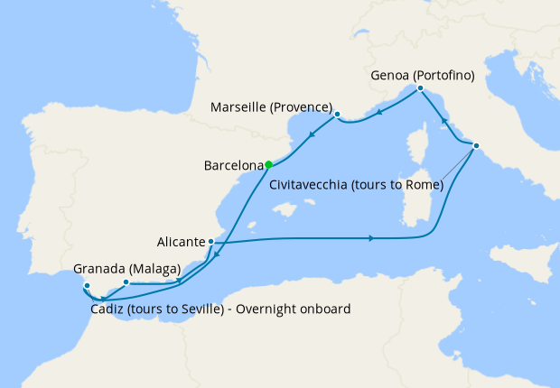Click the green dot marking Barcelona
(268, 165)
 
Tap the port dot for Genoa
(420, 88)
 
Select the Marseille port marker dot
(337, 115)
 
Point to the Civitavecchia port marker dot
(476, 146)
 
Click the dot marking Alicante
(210, 242)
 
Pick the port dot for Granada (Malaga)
(126, 282)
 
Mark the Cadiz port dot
(86, 287)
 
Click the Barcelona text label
(234, 166)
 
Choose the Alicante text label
(179, 242)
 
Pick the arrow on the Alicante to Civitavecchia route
(372, 238)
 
